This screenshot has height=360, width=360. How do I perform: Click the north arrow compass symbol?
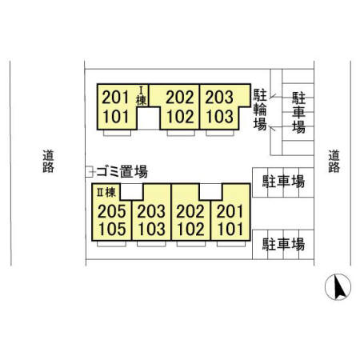338,287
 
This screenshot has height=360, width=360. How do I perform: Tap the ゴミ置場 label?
122,171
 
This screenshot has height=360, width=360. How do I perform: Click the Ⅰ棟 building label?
142,96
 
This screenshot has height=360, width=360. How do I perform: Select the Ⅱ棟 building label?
106,192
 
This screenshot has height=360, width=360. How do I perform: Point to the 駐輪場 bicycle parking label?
260,110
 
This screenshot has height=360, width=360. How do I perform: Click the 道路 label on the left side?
48,162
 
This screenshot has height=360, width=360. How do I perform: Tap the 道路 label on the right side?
334,162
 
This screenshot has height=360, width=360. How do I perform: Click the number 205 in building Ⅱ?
112,211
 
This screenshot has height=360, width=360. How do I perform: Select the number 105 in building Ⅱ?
112,229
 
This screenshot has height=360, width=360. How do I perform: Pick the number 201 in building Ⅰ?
116,97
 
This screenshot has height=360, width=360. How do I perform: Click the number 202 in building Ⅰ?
180,97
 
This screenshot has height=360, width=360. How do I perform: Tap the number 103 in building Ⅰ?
220,117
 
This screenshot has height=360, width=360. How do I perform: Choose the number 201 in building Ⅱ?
230,211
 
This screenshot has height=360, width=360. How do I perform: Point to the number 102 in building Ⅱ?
191,229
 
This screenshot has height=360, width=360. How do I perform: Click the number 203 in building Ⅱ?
151,211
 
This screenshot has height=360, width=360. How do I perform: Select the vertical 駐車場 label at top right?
298,113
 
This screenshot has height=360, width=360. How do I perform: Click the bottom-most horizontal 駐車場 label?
283,244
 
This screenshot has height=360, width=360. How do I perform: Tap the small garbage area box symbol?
90,172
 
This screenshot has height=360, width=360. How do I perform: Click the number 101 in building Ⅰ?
116,117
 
